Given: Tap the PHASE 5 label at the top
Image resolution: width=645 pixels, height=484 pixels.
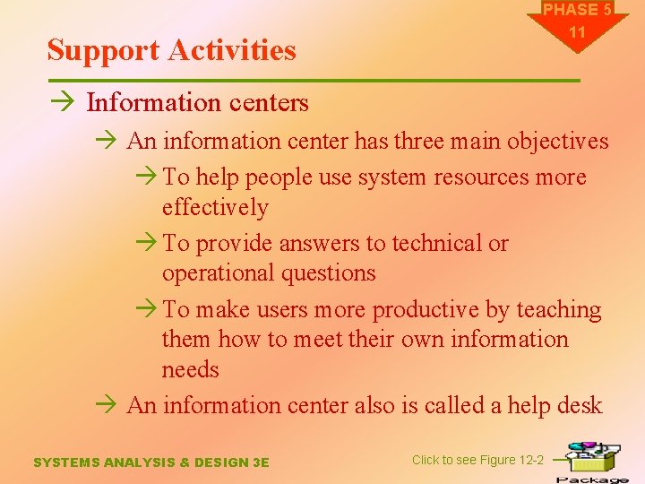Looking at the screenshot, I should tap(577, 11).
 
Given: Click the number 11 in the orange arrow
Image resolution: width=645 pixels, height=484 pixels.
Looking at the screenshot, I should tap(577, 32).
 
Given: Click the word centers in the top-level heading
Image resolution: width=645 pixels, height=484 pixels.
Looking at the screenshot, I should tap(266, 103).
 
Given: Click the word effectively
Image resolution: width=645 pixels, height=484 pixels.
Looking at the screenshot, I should tap(215, 207).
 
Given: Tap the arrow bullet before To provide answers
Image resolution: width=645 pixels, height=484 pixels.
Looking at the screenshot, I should tap(149, 244).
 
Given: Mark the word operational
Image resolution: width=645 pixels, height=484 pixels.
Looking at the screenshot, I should tap(219, 272).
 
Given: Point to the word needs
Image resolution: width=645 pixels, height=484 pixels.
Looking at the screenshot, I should tap(190, 369).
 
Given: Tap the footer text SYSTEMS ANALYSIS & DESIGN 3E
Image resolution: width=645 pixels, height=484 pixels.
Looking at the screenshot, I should tap(150, 462).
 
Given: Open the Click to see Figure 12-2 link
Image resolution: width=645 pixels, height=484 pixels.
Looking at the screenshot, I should tap(477, 460).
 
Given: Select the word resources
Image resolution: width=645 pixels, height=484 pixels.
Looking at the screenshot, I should tap(485, 177).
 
